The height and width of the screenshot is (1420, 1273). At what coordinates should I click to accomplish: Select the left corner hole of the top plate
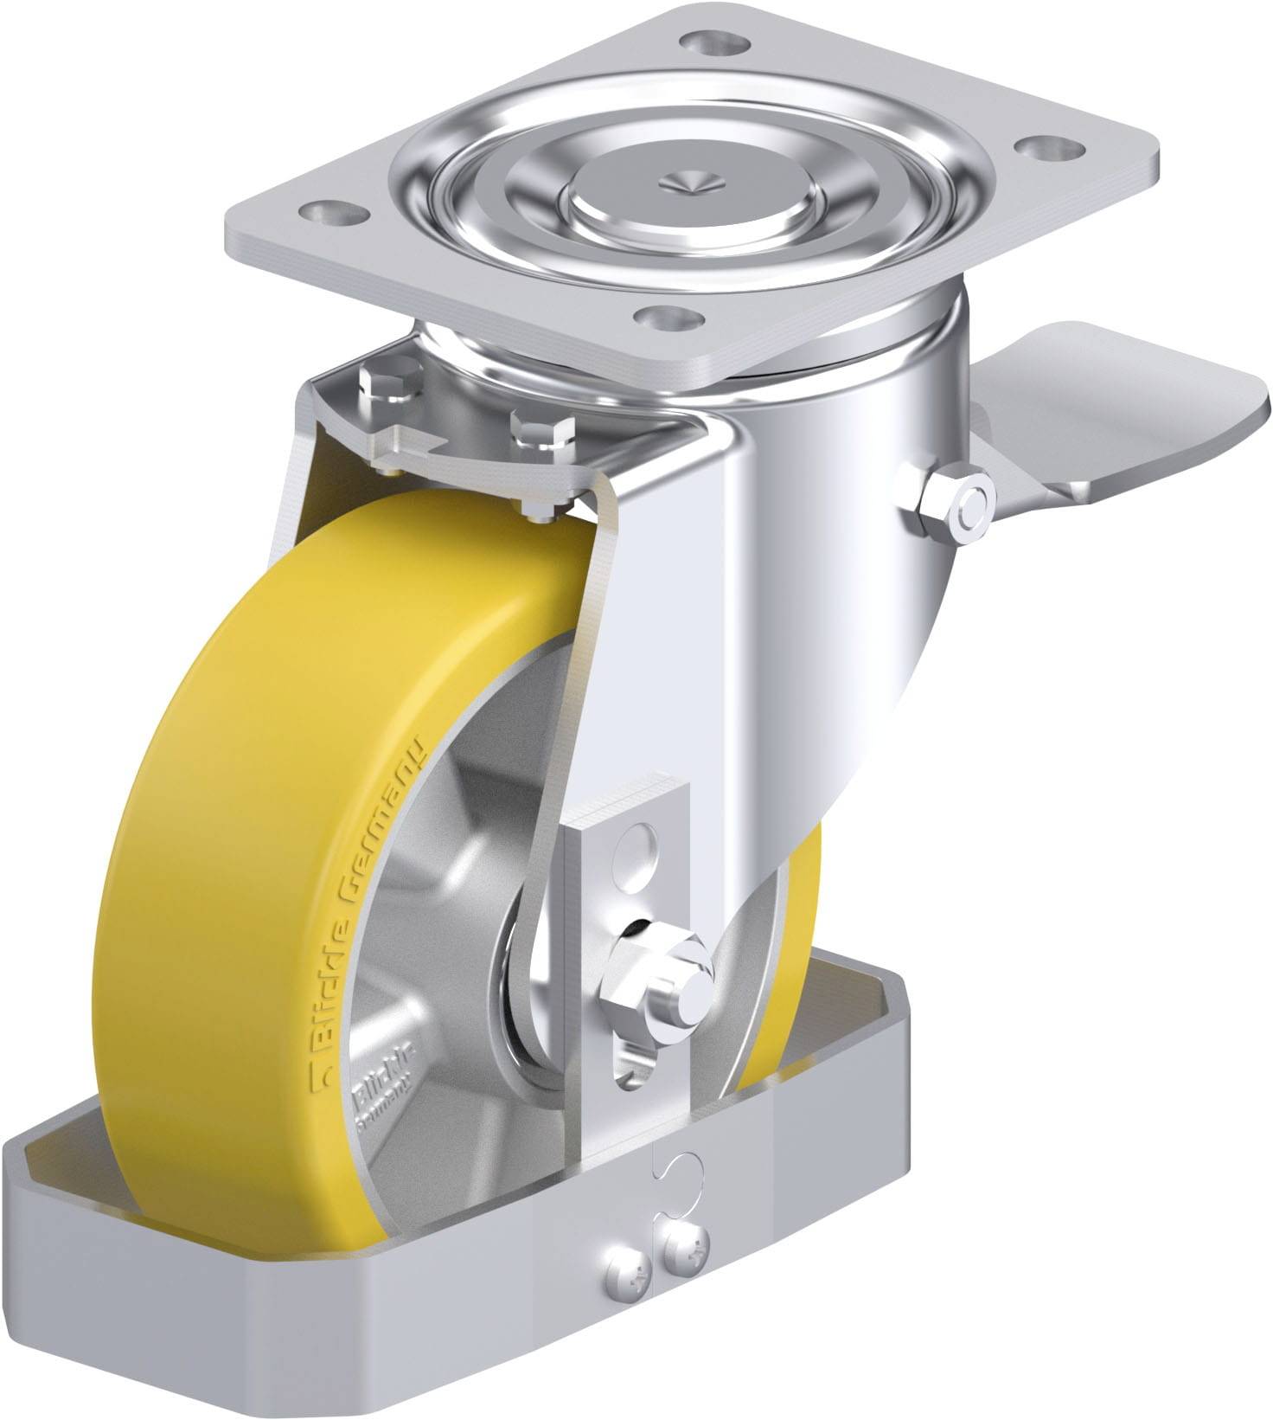coord(330,209)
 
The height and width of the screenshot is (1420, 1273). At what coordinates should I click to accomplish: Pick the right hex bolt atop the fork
coord(541,427)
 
